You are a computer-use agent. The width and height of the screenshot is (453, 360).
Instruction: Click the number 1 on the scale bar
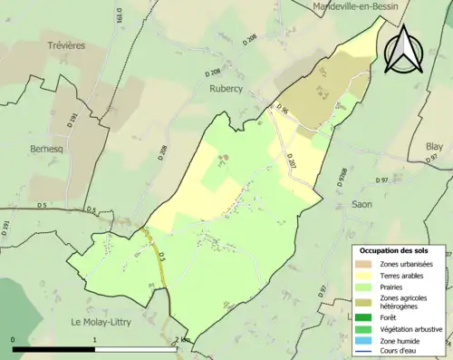tap(95, 339)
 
